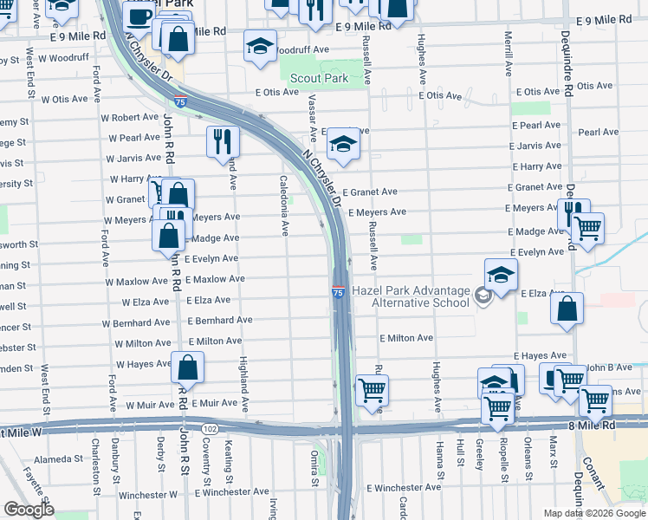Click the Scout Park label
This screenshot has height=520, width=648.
(320, 78)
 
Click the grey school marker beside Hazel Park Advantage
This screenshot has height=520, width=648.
(483, 296)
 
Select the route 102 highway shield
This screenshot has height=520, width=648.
(210, 429)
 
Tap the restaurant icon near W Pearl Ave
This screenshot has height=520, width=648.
(223, 141)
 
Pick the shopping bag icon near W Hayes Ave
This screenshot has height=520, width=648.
(188, 367)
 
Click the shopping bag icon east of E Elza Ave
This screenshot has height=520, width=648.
(567, 309)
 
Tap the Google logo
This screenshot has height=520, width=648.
(29, 510)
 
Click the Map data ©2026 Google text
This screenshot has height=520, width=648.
(593, 513)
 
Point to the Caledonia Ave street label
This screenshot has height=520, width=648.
(283, 205)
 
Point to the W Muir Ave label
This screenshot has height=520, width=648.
(146, 405)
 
